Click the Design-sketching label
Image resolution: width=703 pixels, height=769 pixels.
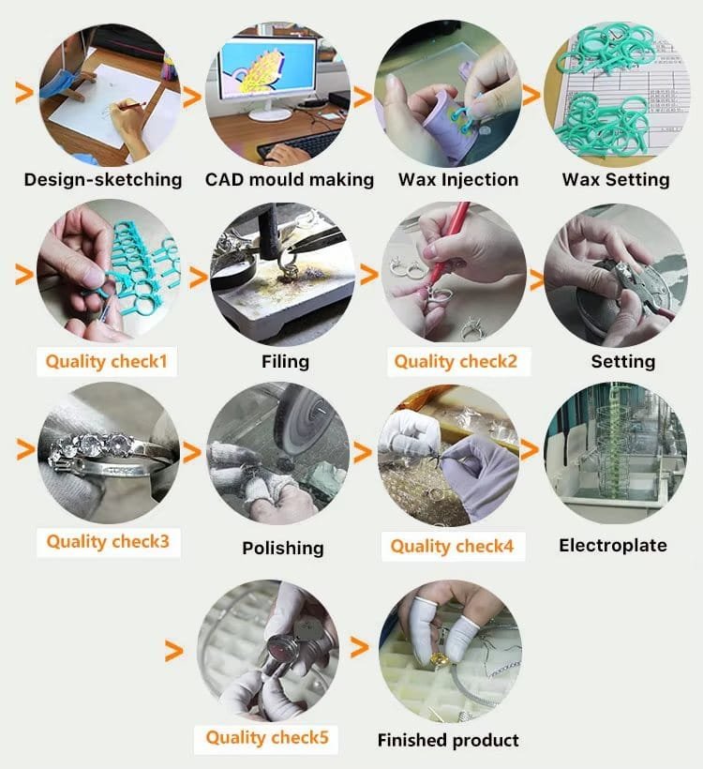(103, 179)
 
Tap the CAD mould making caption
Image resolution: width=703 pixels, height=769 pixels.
(290, 179)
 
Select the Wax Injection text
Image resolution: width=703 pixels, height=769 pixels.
(458, 179)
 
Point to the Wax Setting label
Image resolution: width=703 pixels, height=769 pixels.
(616, 179)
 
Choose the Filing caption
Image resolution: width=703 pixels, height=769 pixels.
(285, 361)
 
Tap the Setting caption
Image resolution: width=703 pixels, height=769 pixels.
(623, 361)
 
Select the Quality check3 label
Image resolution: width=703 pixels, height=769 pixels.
(108, 542)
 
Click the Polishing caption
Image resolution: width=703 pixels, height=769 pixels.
(283, 548)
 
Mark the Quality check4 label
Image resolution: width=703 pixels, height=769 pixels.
(452, 546)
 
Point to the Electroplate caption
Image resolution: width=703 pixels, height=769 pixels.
(613, 545)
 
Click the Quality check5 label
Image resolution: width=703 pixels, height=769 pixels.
(267, 738)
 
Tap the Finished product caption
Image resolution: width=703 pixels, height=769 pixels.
(448, 741)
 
